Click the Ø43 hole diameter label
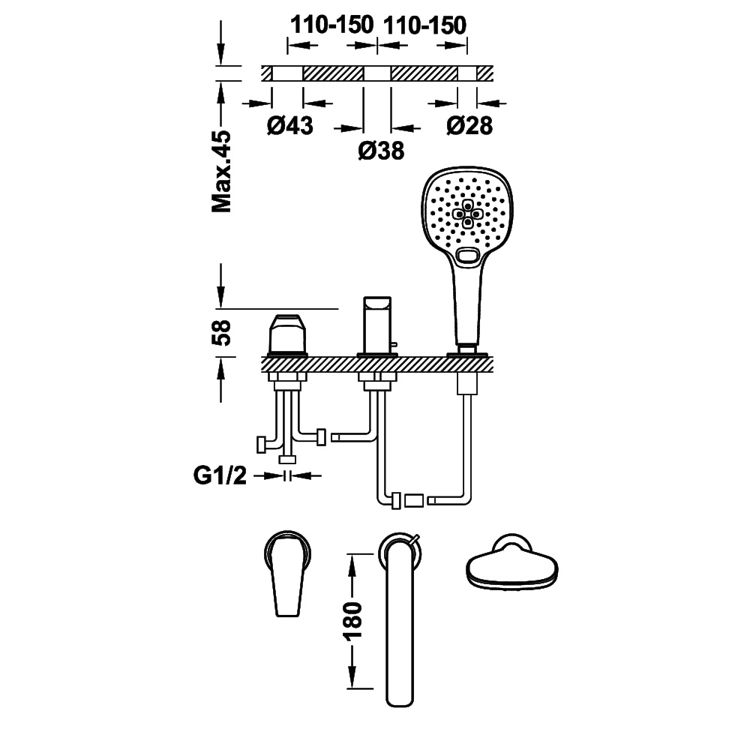coord(289,125)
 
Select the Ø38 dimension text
coord(381,151)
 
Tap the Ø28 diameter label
coord(469,125)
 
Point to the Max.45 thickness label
coord(221,171)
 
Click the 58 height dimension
coord(221,332)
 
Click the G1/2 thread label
coord(220,475)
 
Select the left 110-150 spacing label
coord(332,25)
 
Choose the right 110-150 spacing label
coord(424,25)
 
